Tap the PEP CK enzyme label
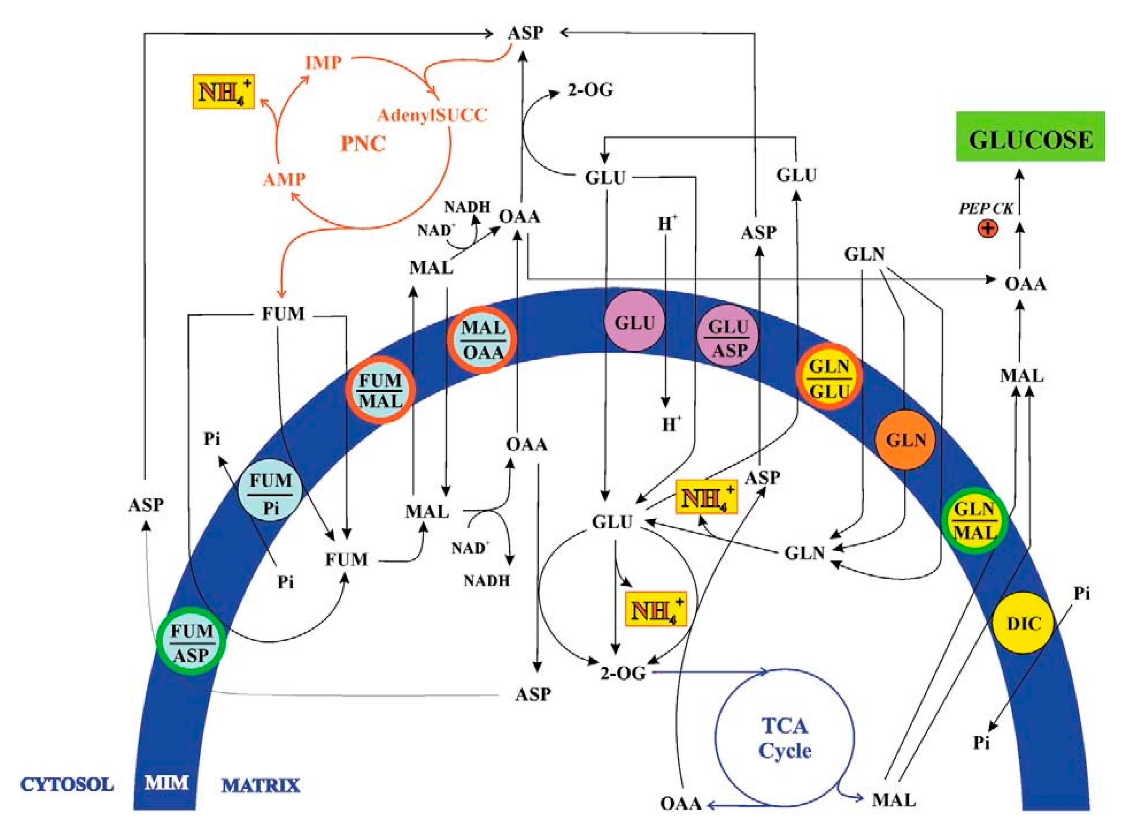click(x=986, y=208)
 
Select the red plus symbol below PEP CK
click(x=988, y=229)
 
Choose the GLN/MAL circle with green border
click(x=975, y=521)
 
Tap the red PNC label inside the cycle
click(x=363, y=144)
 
